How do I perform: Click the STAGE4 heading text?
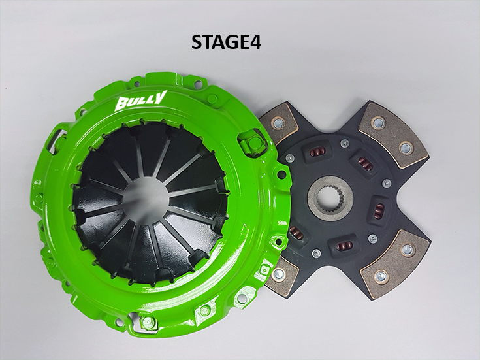[x=226, y=42]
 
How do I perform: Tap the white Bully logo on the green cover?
[x=141, y=101]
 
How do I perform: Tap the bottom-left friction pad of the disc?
[x=281, y=276]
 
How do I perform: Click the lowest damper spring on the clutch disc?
[x=343, y=245]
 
